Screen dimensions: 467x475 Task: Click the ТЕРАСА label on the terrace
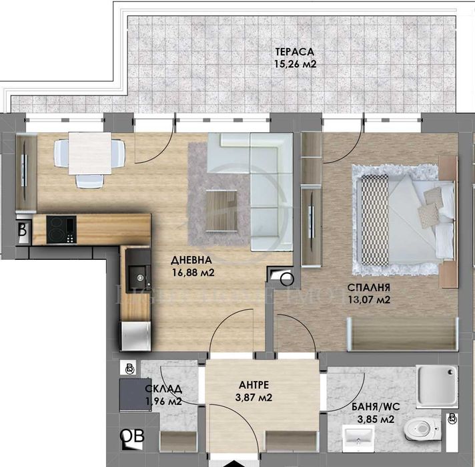pos(294,52)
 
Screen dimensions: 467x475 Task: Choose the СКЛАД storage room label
pos(163,389)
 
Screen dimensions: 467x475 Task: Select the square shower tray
pos(437,386)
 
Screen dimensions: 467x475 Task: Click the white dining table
pos(89,152)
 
